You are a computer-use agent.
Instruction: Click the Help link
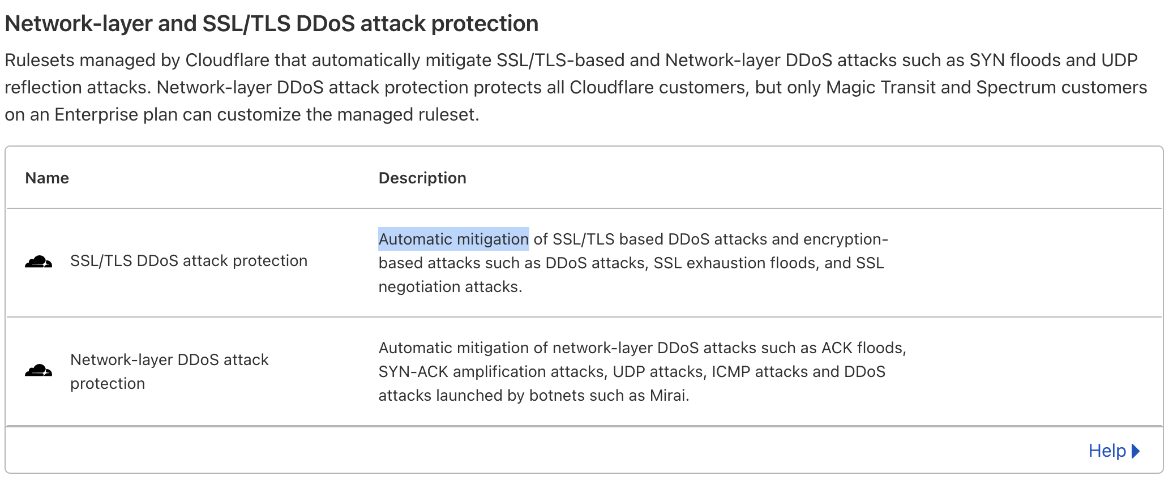1107,451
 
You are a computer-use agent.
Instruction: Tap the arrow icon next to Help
1135,451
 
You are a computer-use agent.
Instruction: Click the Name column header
47,178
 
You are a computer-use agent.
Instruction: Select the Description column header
422,178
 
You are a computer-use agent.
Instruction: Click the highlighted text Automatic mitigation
453,239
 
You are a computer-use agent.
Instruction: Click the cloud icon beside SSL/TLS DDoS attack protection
38,262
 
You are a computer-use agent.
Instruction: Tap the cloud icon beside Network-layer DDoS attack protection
38,371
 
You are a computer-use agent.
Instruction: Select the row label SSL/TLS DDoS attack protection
189,260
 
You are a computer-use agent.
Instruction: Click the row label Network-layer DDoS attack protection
169,371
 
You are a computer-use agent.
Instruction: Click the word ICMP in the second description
731,371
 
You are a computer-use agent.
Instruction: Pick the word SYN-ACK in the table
413,371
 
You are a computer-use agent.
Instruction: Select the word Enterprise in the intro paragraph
96,114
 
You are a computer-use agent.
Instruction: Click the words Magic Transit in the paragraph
880,87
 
